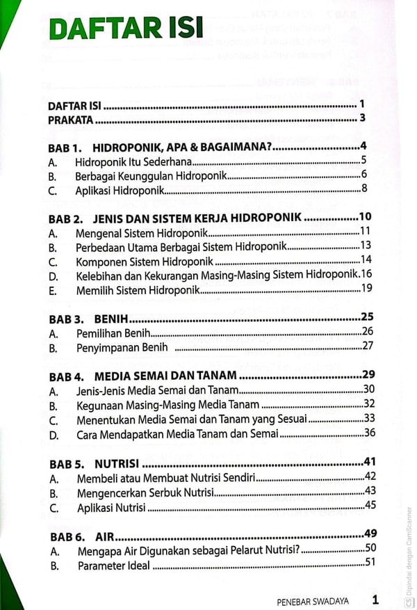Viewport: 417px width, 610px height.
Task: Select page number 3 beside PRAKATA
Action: [x=362, y=118]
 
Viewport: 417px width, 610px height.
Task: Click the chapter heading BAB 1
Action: [x=65, y=149]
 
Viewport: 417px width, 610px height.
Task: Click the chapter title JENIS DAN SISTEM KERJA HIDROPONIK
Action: [x=198, y=218]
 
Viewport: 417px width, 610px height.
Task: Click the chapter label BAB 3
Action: [x=66, y=319]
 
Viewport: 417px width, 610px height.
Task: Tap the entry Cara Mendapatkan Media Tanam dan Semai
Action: [x=177, y=433]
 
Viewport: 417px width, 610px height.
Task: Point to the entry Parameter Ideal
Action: [x=113, y=565]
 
